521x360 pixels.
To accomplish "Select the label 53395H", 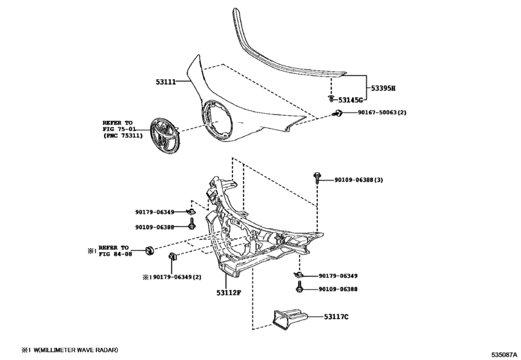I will (x=382, y=87).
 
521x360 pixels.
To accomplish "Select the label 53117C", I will (x=335, y=316).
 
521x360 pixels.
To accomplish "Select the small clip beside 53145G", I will (x=330, y=100).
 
